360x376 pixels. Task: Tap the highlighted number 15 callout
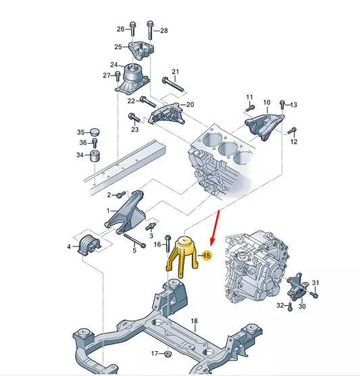point(207,255)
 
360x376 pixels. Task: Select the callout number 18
point(194,321)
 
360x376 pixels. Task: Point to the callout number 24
point(115,65)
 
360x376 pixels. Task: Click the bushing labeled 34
point(96,156)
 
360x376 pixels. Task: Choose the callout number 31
point(315,282)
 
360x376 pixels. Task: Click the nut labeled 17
point(169,354)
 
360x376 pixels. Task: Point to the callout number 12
point(294,142)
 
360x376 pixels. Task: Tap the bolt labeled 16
point(166,246)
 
